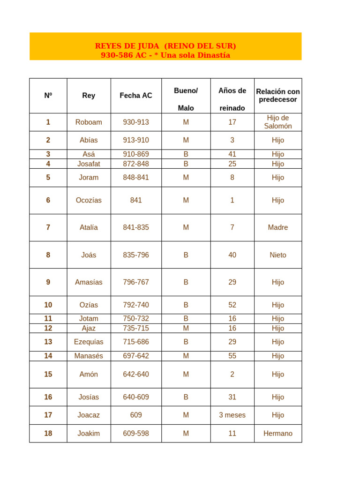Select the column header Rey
click(89, 96)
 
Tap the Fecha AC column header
click(136, 96)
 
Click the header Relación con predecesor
click(278, 96)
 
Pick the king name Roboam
click(89, 122)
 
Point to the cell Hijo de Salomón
click(278, 122)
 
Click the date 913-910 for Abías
click(136, 140)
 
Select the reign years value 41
click(232, 154)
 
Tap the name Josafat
click(89, 164)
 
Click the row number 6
click(48, 201)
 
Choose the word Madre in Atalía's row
click(278, 228)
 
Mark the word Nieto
click(278, 255)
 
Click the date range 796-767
click(136, 282)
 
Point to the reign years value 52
click(232, 305)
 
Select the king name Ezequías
click(89, 342)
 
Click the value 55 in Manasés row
click(232, 356)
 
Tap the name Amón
click(89, 375)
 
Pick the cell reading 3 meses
click(232, 415)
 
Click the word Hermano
click(278, 434)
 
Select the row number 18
click(48, 434)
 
